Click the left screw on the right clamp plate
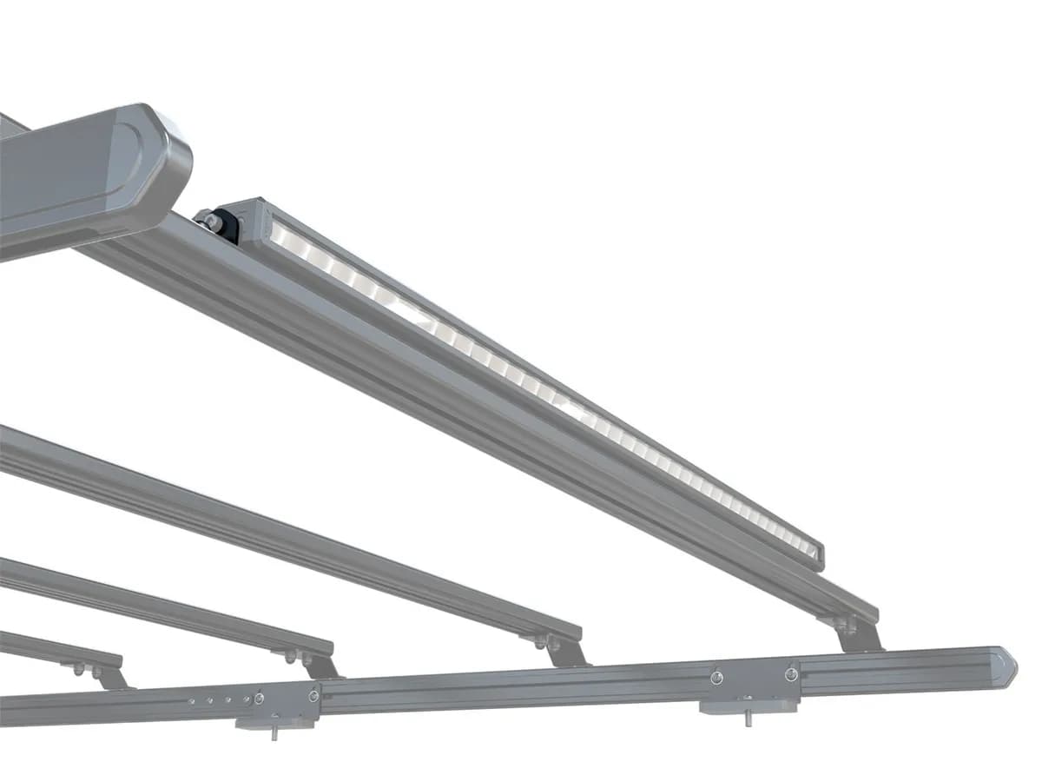716,677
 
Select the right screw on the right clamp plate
790,673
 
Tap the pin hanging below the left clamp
274,732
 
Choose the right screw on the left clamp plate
313,695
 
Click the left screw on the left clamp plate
259,698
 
